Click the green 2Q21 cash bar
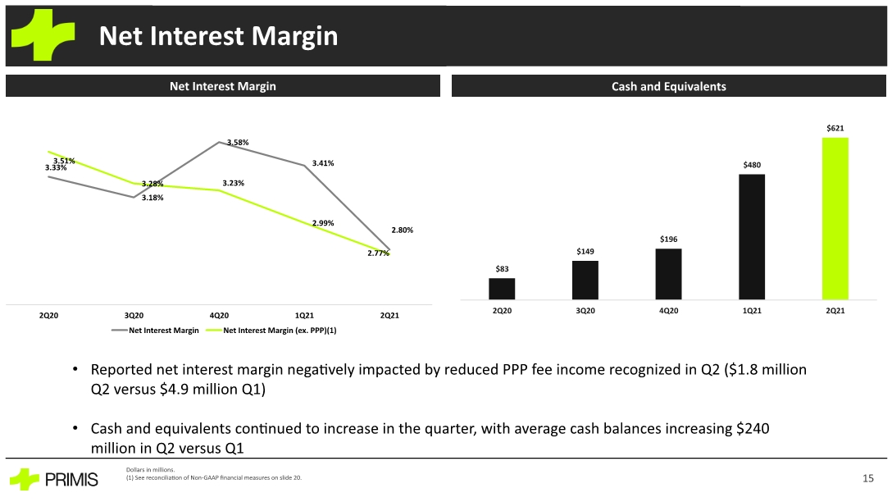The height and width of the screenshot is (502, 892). (x=835, y=218)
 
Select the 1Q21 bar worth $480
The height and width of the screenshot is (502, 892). (x=752, y=237)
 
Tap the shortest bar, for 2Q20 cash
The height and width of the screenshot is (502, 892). (x=502, y=289)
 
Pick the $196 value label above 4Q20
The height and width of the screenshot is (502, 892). (x=668, y=239)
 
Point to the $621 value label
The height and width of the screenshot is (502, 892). (x=835, y=128)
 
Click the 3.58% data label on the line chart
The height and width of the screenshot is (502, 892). (x=238, y=142)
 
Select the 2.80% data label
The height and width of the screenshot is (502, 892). (x=403, y=230)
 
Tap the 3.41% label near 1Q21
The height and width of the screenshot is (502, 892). (x=323, y=162)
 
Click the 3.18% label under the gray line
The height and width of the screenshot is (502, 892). (x=152, y=198)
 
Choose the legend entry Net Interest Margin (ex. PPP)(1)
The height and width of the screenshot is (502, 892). (x=271, y=330)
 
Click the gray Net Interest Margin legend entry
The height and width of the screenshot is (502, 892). (x=155, y=330)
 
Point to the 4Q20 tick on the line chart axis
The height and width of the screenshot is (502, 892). (x=219, y=315)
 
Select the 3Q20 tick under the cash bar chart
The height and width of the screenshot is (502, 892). (x=585, y=311)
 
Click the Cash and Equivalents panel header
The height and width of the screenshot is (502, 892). (x=668, y=86)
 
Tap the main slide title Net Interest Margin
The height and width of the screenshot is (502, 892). (x=218, y=36)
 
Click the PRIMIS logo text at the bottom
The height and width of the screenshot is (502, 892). (x=71, y=480)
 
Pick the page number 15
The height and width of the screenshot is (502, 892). (x=867, y=478)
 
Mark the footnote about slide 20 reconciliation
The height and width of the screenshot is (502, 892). (x=214, y=477)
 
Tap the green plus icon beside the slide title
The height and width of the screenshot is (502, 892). (x=43, y=34)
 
